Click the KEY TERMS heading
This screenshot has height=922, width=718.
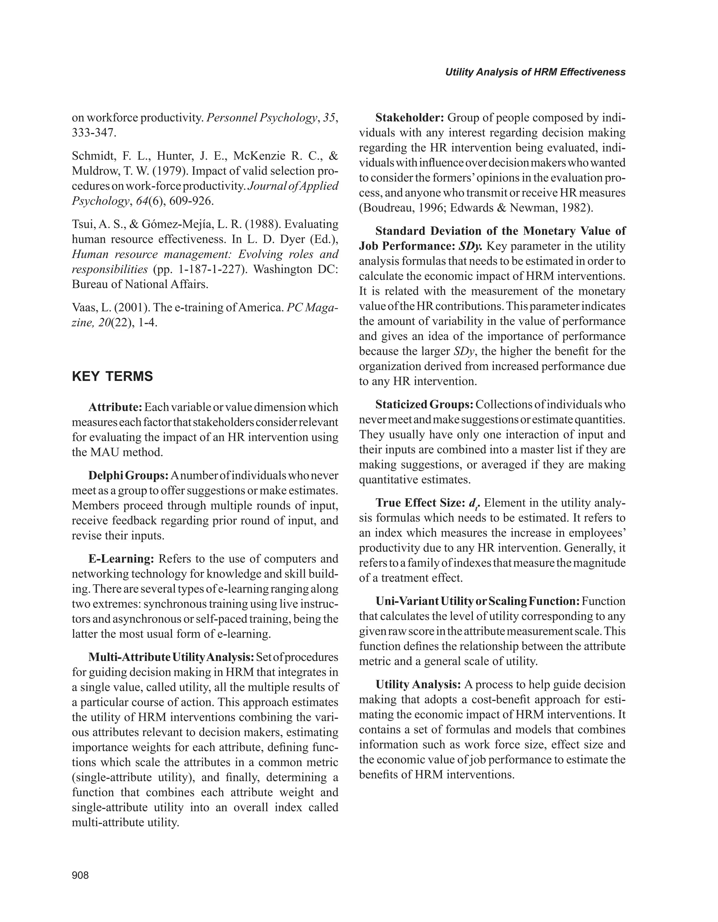(x=113, y=376)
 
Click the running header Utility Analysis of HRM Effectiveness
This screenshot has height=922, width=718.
(x=535, y=72)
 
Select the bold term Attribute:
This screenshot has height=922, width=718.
(x=115, y=407)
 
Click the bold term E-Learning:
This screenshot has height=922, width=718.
(x=121, y=559)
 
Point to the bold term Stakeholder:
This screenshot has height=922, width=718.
(x=409, y=118)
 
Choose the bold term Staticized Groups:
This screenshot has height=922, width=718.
(x=424, y=404)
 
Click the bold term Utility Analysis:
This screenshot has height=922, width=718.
(x=418, y=684)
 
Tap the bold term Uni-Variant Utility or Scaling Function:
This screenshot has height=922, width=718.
(x=477, y=601)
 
